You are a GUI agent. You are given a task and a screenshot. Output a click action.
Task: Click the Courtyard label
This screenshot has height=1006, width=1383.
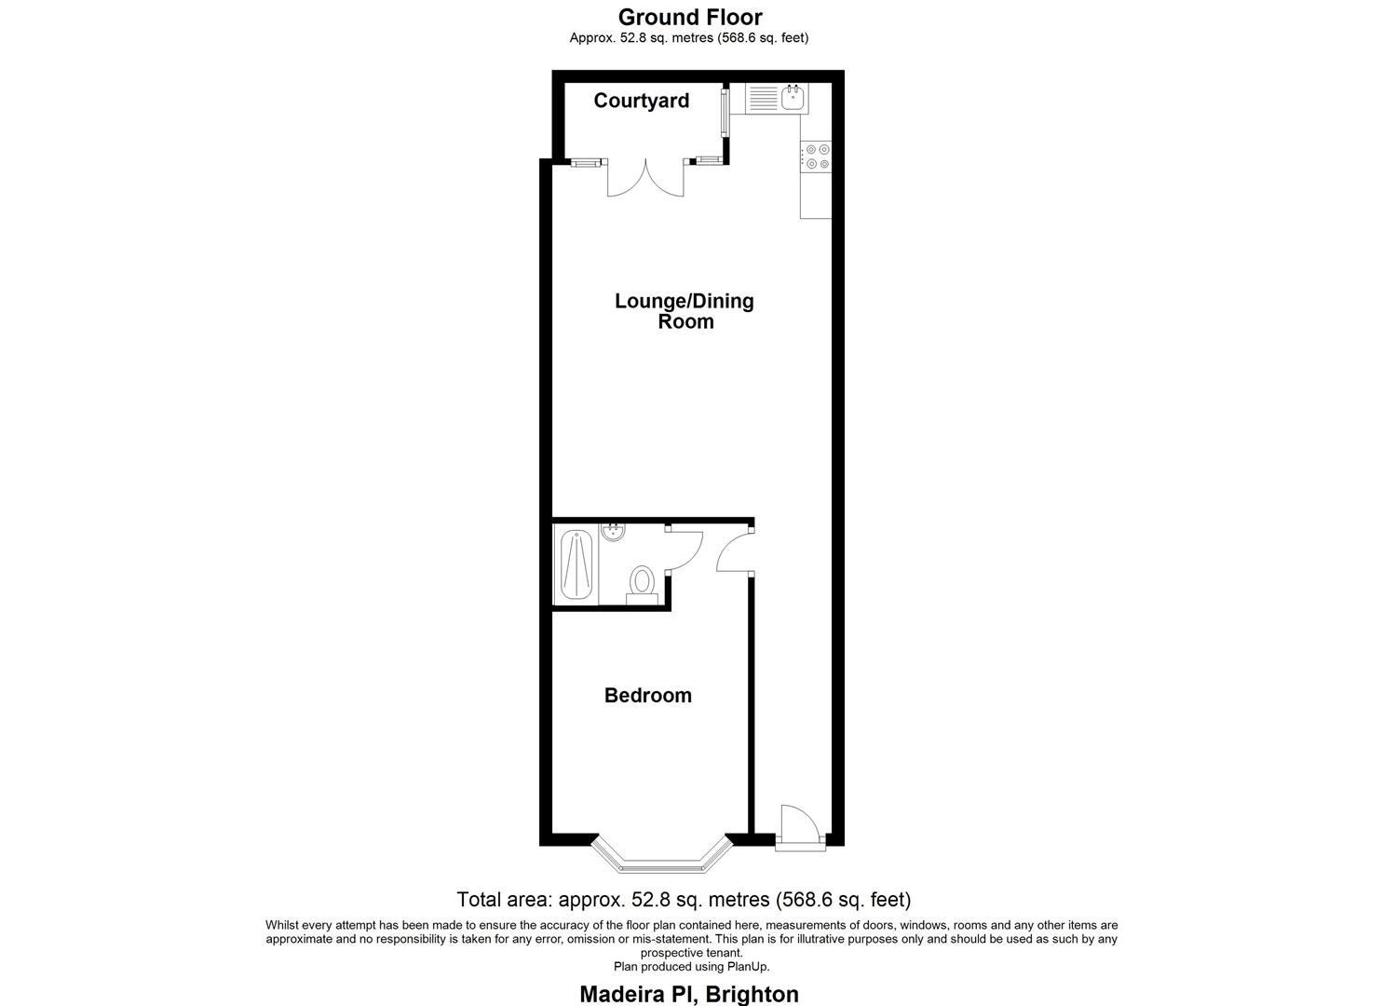pyautogui.click(x=642, y=101)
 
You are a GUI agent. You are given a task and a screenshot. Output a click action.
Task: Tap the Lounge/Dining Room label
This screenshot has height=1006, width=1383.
pyautogui.click(x=685, y=311)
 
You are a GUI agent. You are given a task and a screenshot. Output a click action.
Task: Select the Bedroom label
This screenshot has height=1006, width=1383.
pyautogui.click(x=648, y=695)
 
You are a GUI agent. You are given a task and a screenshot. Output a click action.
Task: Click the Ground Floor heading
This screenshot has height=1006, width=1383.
pyautogui.click(x=690, y=17)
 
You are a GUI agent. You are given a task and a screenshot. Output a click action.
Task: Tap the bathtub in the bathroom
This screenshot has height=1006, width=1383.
pyautogui.click(x=576, y=565)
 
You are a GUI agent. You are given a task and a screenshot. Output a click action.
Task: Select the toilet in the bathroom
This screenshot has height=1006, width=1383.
pyautogui.click(x=641, y=581)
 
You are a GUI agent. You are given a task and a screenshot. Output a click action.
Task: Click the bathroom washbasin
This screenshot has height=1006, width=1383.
pyautogui.click(x=614, y=533)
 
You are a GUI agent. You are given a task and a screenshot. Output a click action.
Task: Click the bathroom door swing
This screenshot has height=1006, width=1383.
pyautogui.click(x=685, y=550)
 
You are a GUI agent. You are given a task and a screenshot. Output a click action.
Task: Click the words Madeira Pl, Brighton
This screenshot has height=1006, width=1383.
pyautogui.click(x=689, y=994)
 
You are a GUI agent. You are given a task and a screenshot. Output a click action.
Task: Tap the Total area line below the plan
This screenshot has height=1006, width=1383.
pyautogui.click(x=684, y=900)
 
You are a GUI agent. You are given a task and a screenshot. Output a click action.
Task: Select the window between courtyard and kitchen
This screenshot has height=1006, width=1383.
pyautogui.click(x=725, y=114)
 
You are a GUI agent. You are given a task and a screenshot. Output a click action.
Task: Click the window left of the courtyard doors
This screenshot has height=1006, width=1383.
pyautogui.click(x=586, y=163)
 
